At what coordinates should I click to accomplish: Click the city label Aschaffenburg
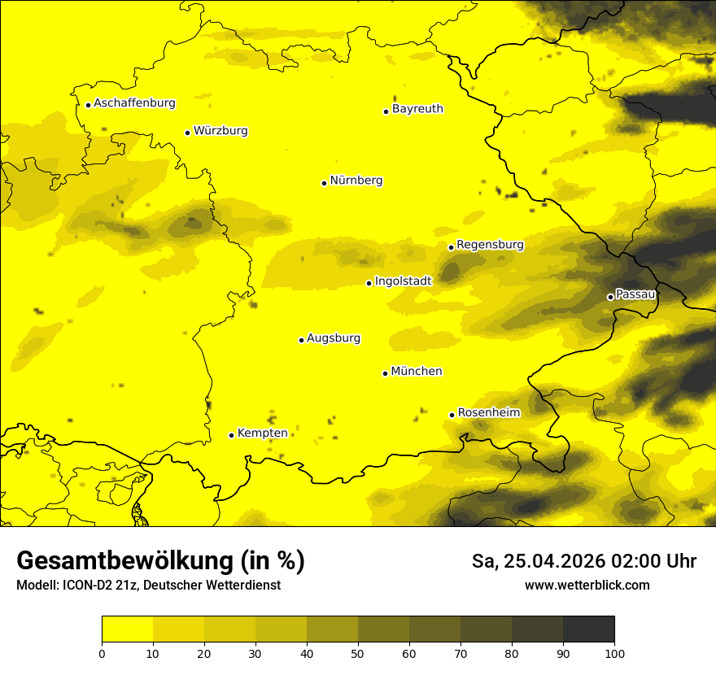click(134, 103)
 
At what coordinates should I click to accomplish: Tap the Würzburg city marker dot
click(187, 133)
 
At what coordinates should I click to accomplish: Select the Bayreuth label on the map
click(417, 109)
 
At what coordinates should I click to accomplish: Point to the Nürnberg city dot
click(324, 183)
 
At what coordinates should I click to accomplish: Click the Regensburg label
click(490, 245)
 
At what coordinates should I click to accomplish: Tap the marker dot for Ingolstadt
click(369, 283)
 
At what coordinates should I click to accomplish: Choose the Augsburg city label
click(334, 338)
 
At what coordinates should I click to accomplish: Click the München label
click(417, 372)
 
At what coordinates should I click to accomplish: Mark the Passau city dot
click(610, 297)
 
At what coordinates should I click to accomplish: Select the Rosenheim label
click(488, 413)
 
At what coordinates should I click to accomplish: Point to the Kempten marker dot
click(231, 435)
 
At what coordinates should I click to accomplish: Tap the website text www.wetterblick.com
click(587, 586)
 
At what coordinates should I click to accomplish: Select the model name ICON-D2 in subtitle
click(86, 586)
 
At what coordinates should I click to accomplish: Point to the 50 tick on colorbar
click(358, 653)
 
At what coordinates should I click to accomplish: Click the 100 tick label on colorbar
click(614, 653)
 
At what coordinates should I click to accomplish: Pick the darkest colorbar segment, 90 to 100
click(588, 629)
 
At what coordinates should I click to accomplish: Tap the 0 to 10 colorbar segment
click(127, 629)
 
